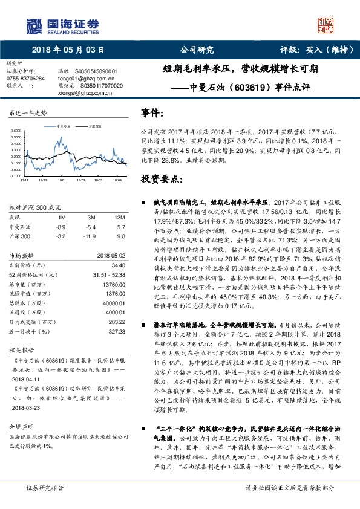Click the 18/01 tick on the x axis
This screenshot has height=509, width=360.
pos(62,180)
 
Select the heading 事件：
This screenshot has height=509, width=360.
pos(152,113)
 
